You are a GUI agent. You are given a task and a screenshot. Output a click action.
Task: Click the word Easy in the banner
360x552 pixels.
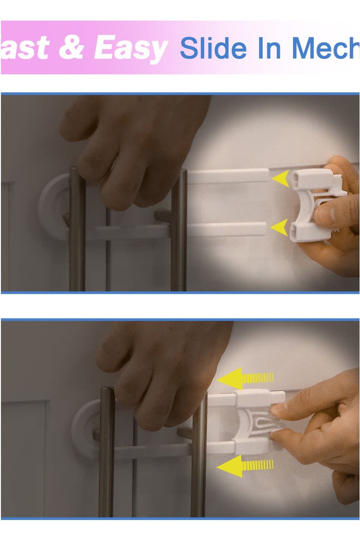click(131, 48)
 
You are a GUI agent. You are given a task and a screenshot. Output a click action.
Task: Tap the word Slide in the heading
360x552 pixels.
click(213, 48)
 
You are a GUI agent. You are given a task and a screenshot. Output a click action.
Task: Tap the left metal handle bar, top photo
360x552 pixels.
click(78, 231)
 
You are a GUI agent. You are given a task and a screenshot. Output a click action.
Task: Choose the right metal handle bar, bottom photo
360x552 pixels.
click(199, 462)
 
